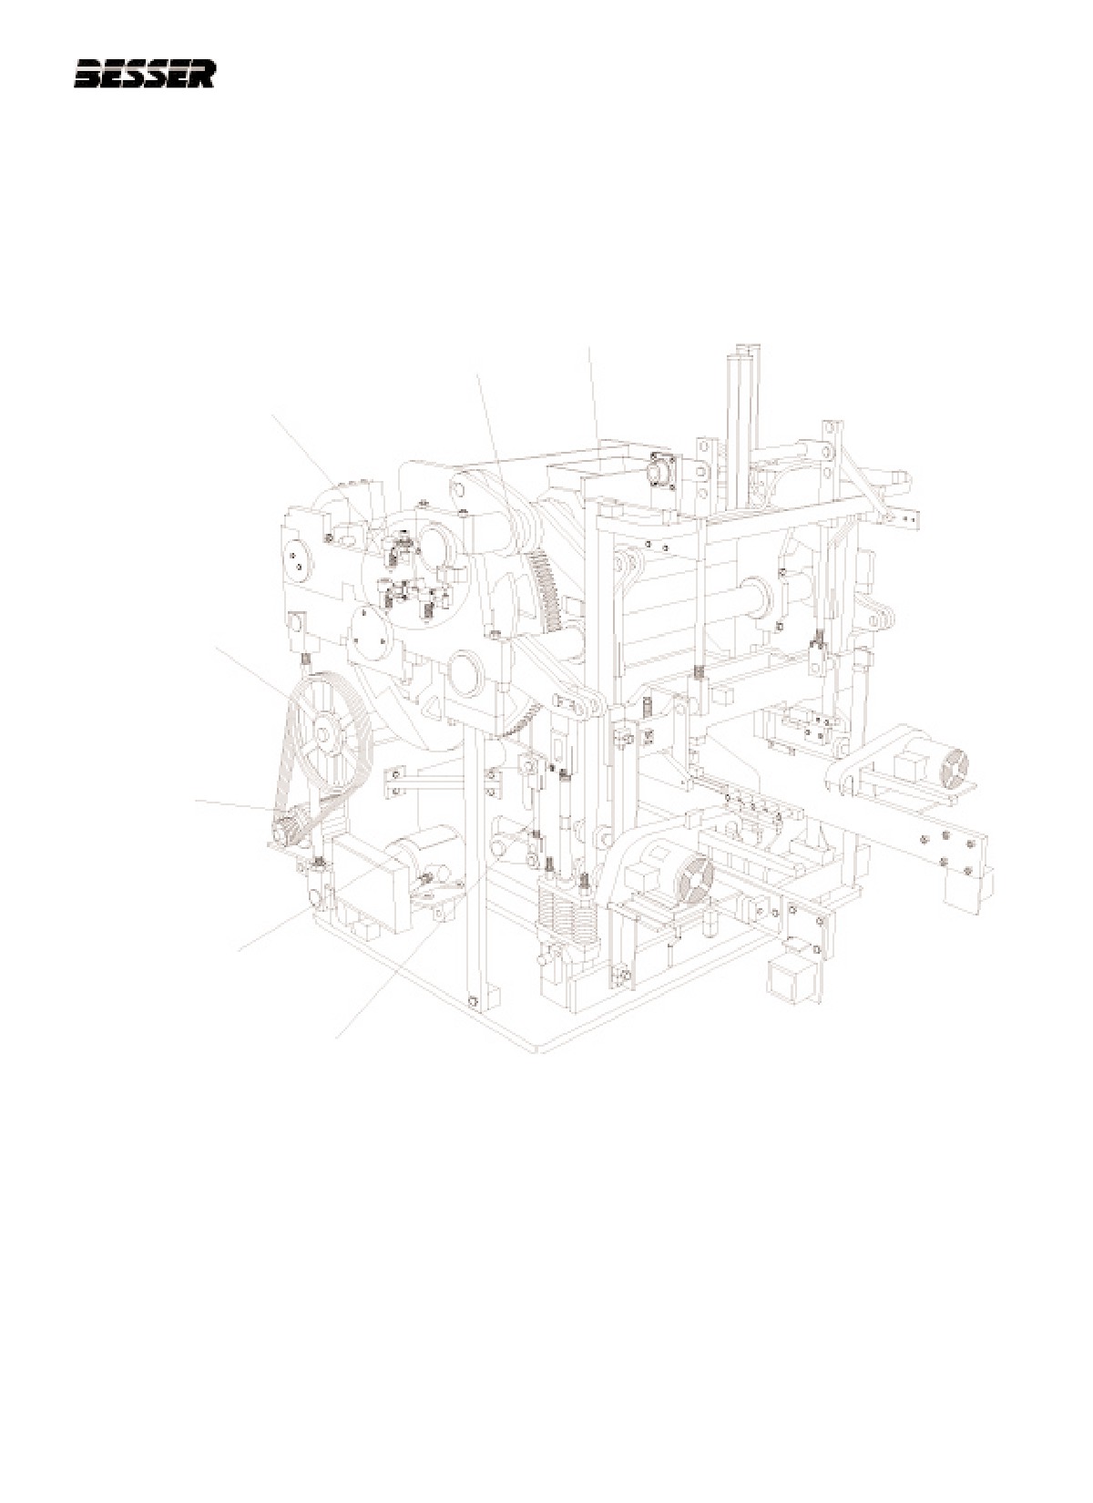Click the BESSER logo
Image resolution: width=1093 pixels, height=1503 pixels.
(144, 74)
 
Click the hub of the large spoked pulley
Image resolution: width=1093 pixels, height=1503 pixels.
(326, 734)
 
